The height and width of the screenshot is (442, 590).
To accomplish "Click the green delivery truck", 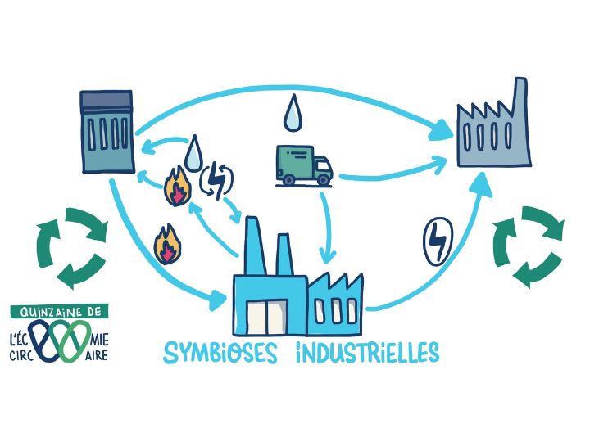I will point(304,165).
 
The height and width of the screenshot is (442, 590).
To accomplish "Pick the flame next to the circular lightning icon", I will point(175,187).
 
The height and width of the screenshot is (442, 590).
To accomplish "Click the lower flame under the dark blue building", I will point(166,243).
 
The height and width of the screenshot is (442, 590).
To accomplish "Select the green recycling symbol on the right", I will point(527,246).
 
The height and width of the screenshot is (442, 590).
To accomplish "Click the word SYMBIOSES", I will point(220,353).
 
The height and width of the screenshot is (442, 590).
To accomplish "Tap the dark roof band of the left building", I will point(107,102).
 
